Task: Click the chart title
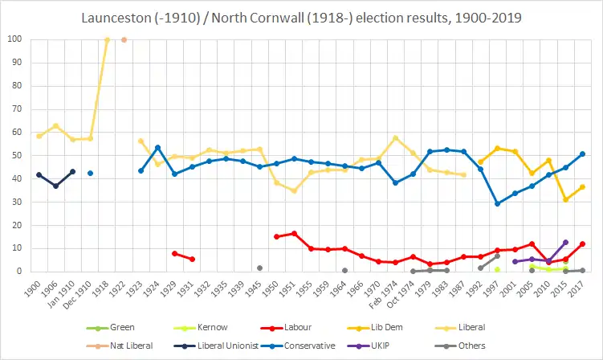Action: [x=301, y=18]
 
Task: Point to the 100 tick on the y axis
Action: [x=14, y=39]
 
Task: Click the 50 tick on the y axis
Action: [x=17, y=155]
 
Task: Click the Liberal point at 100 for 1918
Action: [x=107, y=39]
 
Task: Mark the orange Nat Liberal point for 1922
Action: [x=124, y=39]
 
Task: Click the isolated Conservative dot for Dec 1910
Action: [x=90, y=173]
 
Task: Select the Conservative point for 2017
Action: [x=582, y=153]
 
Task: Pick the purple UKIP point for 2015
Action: [x=565, y=242]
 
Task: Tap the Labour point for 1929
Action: [x=174, y=253]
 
